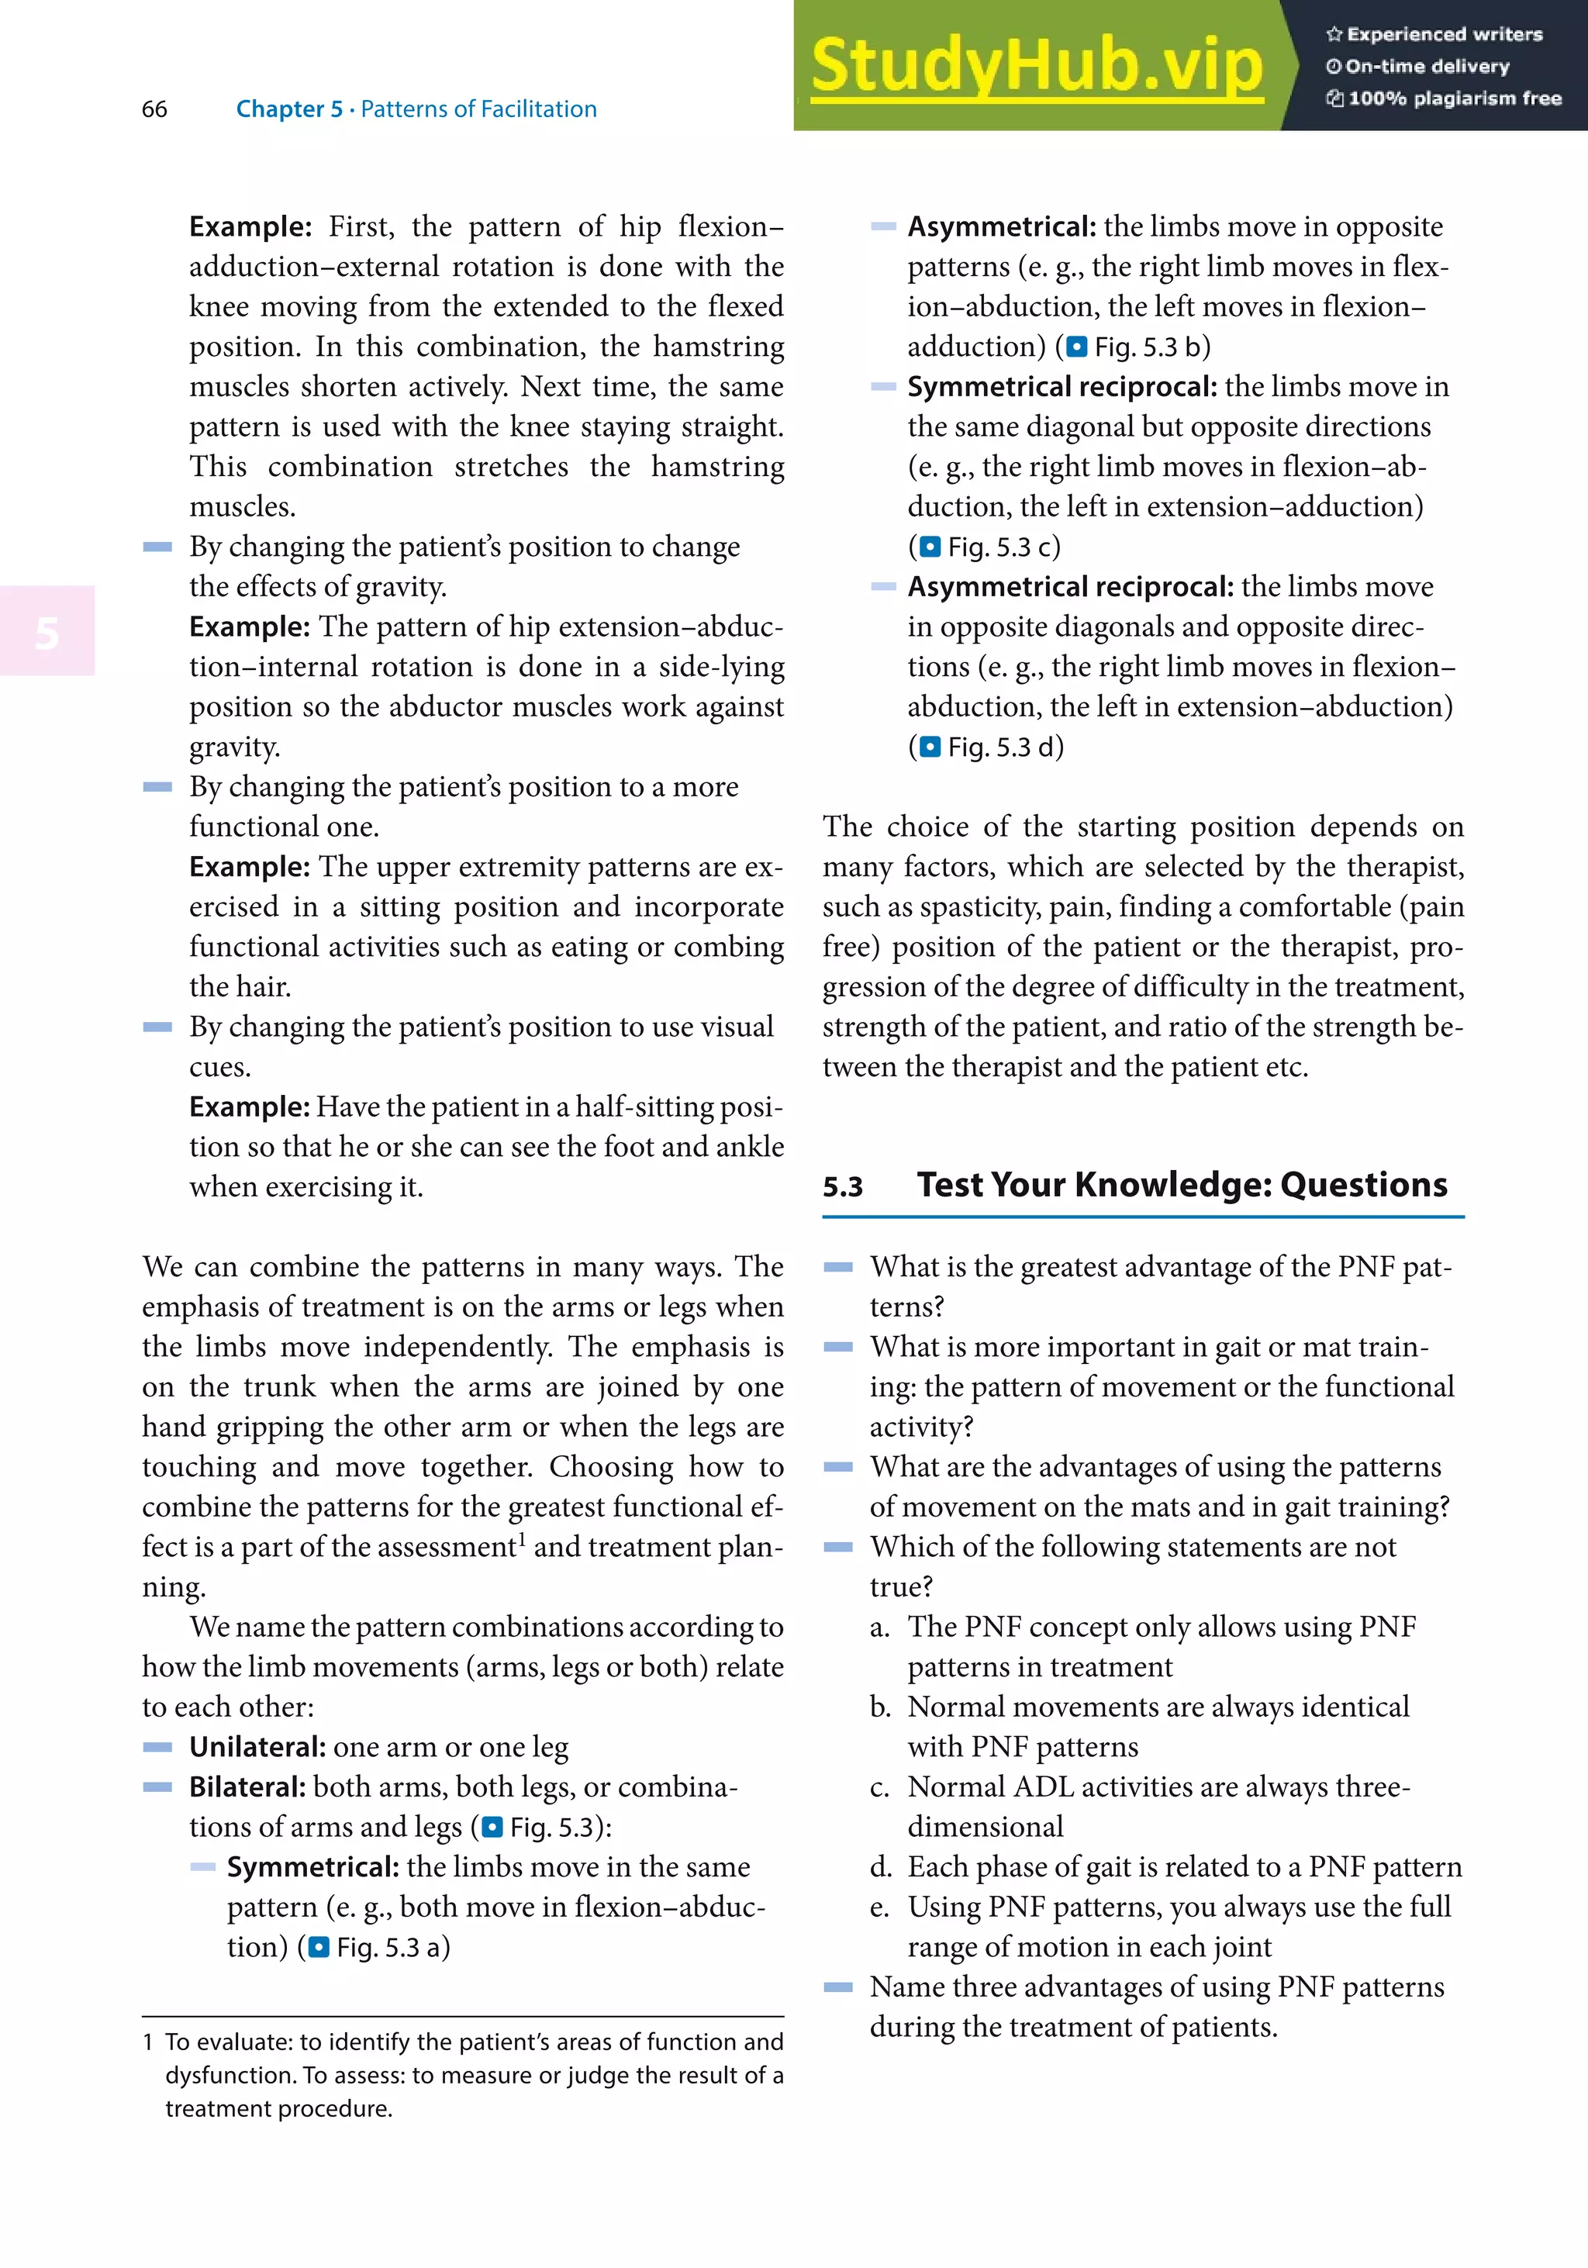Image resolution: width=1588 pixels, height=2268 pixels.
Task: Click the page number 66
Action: point(154,109)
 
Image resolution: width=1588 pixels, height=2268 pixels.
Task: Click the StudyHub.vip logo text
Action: point(1036,65)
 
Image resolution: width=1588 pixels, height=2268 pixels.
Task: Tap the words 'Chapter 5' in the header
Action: point(288,109)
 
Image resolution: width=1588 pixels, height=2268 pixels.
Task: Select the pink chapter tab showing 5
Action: point(47,632)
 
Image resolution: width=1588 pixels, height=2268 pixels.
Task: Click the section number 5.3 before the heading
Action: point(842,1187)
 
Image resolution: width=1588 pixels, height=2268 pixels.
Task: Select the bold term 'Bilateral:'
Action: point(247,1787)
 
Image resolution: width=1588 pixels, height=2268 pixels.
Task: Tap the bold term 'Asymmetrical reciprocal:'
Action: point(1069,587)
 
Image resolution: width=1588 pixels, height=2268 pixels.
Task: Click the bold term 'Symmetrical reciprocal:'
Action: point(1062,386)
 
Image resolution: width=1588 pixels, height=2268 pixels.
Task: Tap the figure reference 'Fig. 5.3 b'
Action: point(1148,347)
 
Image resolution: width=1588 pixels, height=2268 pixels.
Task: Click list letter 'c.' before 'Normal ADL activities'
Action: point(879,1788)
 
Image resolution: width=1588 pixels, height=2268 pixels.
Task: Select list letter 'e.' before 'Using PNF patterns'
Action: point(879,1907)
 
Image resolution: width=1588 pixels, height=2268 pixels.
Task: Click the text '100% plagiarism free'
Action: point(1454,98)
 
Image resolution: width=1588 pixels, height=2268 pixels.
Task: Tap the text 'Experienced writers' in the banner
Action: point(1444,35)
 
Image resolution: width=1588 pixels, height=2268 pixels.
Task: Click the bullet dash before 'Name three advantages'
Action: point(837,1987)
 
